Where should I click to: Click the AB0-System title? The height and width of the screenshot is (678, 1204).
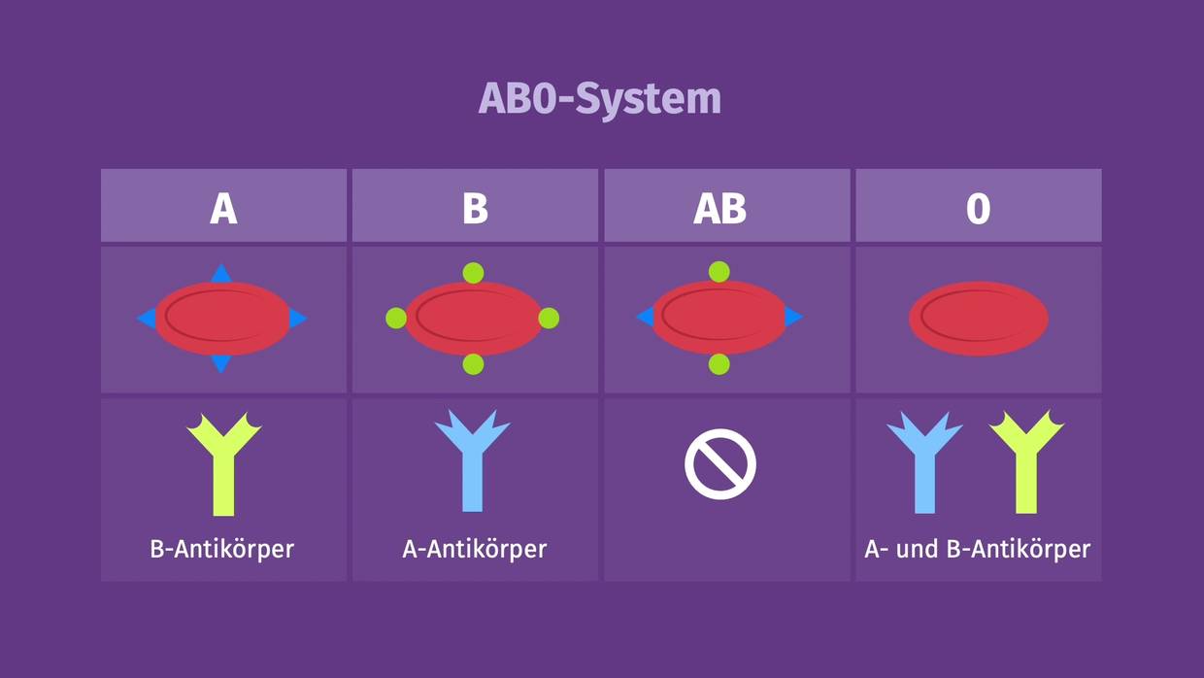[x=600, y=98]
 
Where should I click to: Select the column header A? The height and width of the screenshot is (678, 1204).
[x=223, y=208]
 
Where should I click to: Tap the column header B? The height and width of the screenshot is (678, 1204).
[x=475, y=208]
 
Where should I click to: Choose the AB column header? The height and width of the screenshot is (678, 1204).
[x=719, y=208]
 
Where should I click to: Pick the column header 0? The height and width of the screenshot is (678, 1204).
[x=978, y=208]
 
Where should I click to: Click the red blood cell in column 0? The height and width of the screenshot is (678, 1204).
[x=978, y=318]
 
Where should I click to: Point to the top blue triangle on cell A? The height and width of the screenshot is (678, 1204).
[x=221, y=274]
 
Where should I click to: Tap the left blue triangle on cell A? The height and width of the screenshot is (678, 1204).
[x=147, y=318]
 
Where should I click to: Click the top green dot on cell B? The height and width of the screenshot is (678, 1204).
[x=473, y=273]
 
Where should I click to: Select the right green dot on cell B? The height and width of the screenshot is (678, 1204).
[x=549, y=318]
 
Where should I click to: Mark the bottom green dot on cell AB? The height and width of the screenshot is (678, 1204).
[x=719, y=364]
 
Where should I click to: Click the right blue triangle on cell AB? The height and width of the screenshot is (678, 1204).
[x=793, y=317]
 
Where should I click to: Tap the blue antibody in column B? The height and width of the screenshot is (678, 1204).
[x=472, y=460]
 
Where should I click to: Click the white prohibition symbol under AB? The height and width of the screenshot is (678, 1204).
[x=719, y=464]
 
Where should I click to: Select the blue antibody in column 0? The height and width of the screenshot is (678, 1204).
[x=924, y=464]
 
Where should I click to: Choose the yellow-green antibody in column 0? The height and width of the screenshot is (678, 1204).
[x=1026, y=464]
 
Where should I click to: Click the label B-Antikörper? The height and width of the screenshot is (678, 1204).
[x=222, y=549]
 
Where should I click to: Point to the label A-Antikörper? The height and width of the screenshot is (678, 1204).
[x=474, y=549]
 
